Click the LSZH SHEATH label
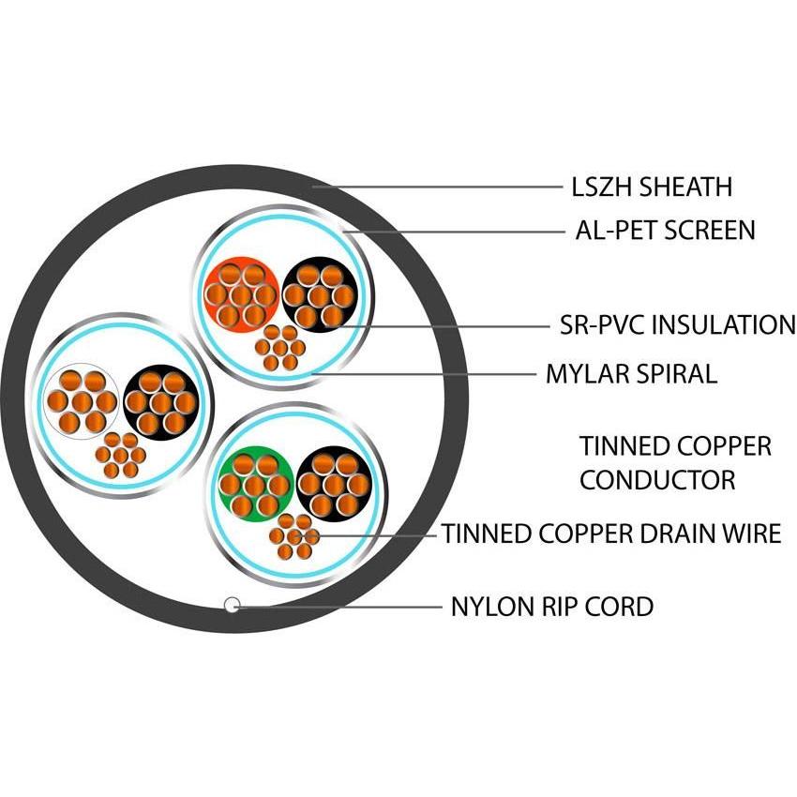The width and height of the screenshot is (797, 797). click(651, 187)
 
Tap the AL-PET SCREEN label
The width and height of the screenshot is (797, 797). click(665, 230)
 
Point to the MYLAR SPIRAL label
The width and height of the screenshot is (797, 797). click(631, 374)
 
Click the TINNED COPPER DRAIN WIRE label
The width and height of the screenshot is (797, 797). click(611, 534)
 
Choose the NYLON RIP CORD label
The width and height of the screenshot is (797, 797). click(551, 607)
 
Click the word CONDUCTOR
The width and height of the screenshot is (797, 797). click(656, 480)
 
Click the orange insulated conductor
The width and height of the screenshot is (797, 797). click(241, 293)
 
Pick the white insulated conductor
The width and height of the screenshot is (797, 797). click(82, 401)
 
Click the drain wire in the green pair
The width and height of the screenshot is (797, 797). click(294, 536)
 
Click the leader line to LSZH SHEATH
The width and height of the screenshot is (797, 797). click(441, 187)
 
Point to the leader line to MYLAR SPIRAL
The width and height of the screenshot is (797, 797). click(422, 374)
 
